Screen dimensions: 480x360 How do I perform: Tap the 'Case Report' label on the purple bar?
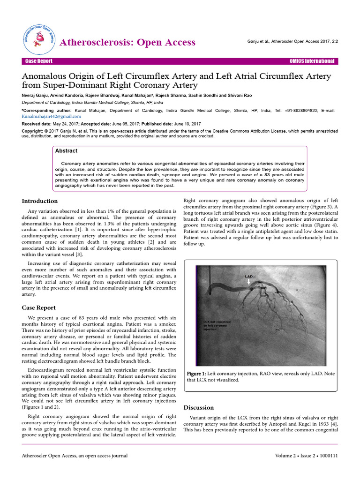click(x=39, y=61)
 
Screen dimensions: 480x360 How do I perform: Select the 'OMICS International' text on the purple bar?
click(x=312, y=61)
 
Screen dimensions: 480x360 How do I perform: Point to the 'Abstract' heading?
click(x=66, y=151)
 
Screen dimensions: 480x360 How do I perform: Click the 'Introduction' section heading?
click(x=40, y=201)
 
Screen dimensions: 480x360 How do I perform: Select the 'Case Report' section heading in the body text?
click(x=39, y=307)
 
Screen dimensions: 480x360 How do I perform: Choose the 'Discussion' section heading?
click(x=198, y=407)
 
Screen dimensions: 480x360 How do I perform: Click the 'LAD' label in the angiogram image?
click(x=249, y=277)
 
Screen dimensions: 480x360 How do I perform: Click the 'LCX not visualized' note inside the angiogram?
click(x=215, y=326)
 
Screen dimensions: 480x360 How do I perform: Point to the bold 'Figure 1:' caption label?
click(x=197, y=373)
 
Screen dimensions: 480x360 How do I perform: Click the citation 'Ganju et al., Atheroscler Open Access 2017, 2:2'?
click(x=292, y=42)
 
